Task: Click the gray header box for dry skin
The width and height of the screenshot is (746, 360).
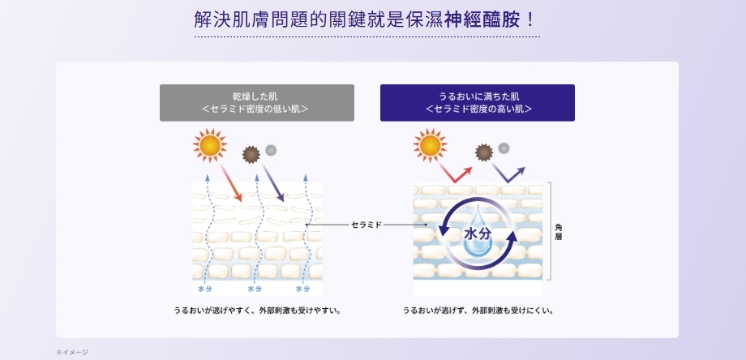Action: [x=256, y=103]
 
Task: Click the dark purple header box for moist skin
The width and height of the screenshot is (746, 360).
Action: [x=477, y=103]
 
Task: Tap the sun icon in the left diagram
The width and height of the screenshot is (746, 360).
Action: [x=210, y=146]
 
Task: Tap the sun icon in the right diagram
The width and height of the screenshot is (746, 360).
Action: [x=430, y=146]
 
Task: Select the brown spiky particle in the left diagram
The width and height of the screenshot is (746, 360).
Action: [x=251, y=153]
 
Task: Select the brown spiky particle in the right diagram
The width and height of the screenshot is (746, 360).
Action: [x=484, y=152]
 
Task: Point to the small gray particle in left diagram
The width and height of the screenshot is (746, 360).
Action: [x=271, y=149]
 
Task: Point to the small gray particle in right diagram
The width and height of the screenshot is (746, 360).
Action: [x=504, y=148]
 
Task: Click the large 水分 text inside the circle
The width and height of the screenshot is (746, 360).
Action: [x=478, y=234]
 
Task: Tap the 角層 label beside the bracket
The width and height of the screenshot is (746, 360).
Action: [x=559, y=231]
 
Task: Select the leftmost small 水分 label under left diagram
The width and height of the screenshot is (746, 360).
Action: [x=205, y=289]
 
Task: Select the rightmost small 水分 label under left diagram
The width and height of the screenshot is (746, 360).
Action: [x=302, y=289]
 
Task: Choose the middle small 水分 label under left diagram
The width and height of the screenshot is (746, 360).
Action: [x=255, y=289]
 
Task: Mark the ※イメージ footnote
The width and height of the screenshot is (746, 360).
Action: [x=72, y=352]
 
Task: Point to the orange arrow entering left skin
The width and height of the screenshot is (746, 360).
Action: [x=231, y=186]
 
